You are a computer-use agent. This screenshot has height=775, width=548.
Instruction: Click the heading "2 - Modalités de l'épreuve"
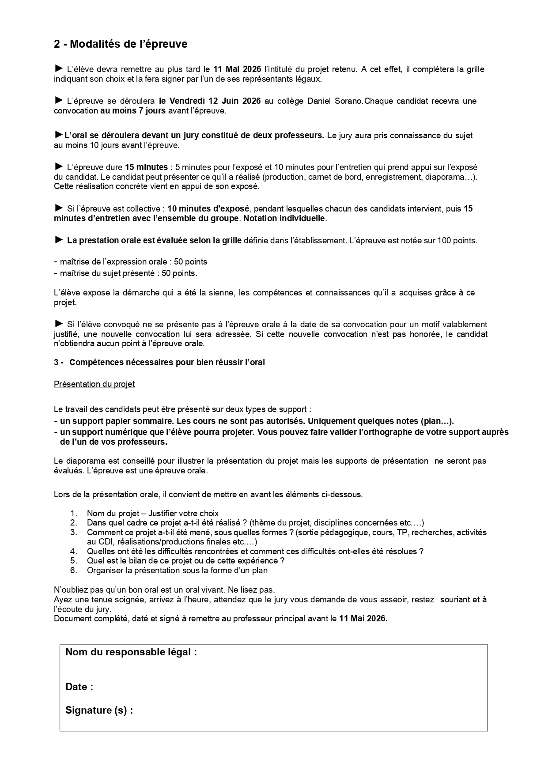tap(121, 44)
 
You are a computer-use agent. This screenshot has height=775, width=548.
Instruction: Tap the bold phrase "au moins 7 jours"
tap(133, 111)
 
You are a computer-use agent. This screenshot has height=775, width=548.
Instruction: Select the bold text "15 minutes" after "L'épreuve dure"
tap(146, 167)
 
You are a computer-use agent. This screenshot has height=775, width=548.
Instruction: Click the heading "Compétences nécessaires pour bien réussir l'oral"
tap(167, 363)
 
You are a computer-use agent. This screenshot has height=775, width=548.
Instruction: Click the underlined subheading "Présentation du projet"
tap(94, 384)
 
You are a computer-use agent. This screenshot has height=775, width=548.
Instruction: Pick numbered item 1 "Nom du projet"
tap(153, 514)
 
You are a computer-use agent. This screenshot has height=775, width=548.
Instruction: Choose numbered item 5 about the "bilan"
tap(185, 561)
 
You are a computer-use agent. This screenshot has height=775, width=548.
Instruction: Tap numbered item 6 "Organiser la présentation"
tap(177, 570)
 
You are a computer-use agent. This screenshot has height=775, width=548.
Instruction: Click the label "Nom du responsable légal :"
tap(131, 652)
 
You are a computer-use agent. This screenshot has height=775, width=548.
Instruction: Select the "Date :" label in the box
tap(79, 687)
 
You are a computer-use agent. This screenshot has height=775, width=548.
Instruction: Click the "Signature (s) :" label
tap(99, 710)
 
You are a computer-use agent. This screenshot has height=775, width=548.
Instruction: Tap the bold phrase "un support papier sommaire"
tap(113, 420)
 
